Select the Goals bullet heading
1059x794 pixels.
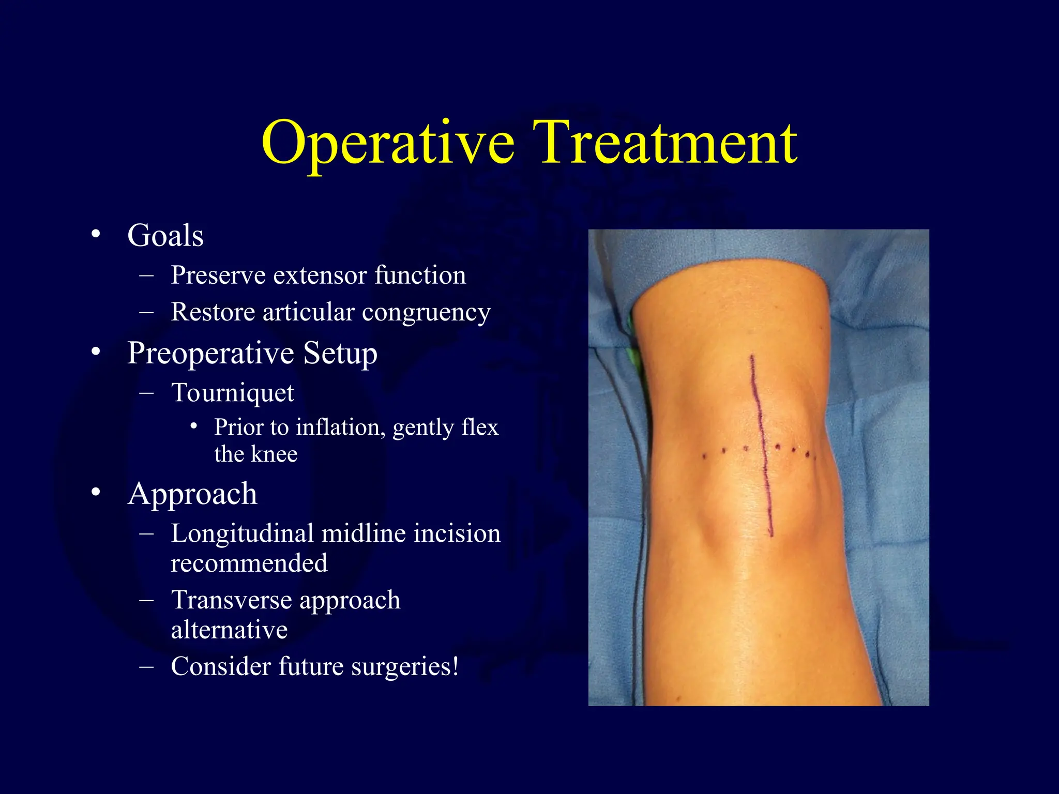tap(165, 236)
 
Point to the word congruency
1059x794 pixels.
tap(426, 313)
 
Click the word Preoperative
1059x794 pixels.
tap(210, 354)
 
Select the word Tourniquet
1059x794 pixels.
tap(233, 393)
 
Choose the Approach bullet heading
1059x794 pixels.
tap(192, 494)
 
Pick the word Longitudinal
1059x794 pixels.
tap(241, 533)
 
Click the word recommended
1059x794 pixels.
tap(249, 563)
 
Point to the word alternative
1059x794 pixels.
tap(229, 630)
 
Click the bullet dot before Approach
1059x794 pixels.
tap(95, 492)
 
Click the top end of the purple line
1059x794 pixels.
tap(752, 356)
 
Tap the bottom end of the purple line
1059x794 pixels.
tap(771, 535)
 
